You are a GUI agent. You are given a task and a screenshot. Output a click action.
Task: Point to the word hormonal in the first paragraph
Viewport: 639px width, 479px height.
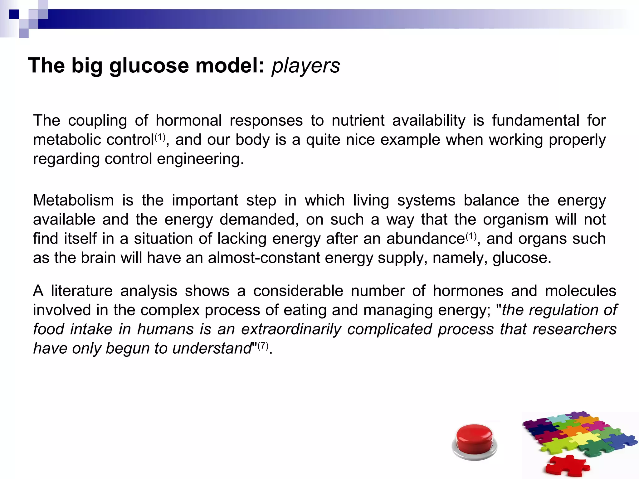pyautogui.click(x=188, y=121)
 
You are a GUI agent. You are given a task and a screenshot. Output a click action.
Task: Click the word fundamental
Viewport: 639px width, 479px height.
pyautogui.click(x=536, y=121)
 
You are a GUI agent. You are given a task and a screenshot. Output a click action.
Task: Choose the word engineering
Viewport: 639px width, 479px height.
pyautogui.click(x=200, y=159)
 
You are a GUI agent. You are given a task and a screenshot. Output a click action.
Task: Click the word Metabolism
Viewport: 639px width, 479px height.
pyautogui.click(x=73, y=200)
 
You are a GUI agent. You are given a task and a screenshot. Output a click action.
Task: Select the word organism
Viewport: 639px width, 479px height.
pyautogui.click(x=515, y=220)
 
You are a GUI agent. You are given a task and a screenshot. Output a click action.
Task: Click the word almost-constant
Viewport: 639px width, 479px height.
pyautogui.click(x=264, y=258)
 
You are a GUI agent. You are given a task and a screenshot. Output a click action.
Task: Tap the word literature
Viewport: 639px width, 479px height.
pyautogui.click(x=82, y=291)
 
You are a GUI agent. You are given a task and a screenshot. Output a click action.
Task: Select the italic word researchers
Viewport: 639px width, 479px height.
pyautogui.click(x=574, y=329)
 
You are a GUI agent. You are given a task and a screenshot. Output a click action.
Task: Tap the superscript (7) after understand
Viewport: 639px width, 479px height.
pyautogui.click(x=263, y=345)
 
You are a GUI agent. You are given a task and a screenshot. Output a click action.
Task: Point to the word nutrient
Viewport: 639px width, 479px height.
pyautogui.click(x=358, y=121)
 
